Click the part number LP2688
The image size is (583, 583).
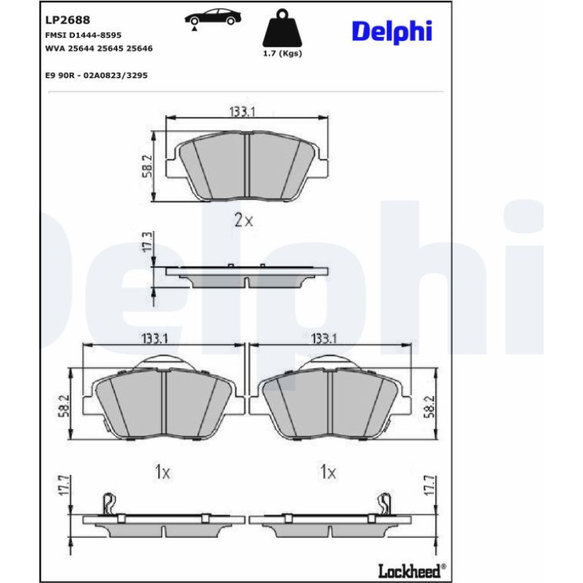coord(67,20)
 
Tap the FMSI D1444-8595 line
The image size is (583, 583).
coord(83,35)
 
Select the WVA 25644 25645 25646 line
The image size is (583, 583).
coord(99,48)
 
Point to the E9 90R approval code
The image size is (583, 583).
coord(96,75)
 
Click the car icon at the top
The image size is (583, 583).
coord(213,19)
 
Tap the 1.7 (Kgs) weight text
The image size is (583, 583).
coord(282,53)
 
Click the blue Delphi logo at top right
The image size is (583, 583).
coord(392,31)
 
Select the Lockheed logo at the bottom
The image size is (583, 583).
coord(413,570)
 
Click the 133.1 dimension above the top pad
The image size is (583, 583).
coord(242,111)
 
